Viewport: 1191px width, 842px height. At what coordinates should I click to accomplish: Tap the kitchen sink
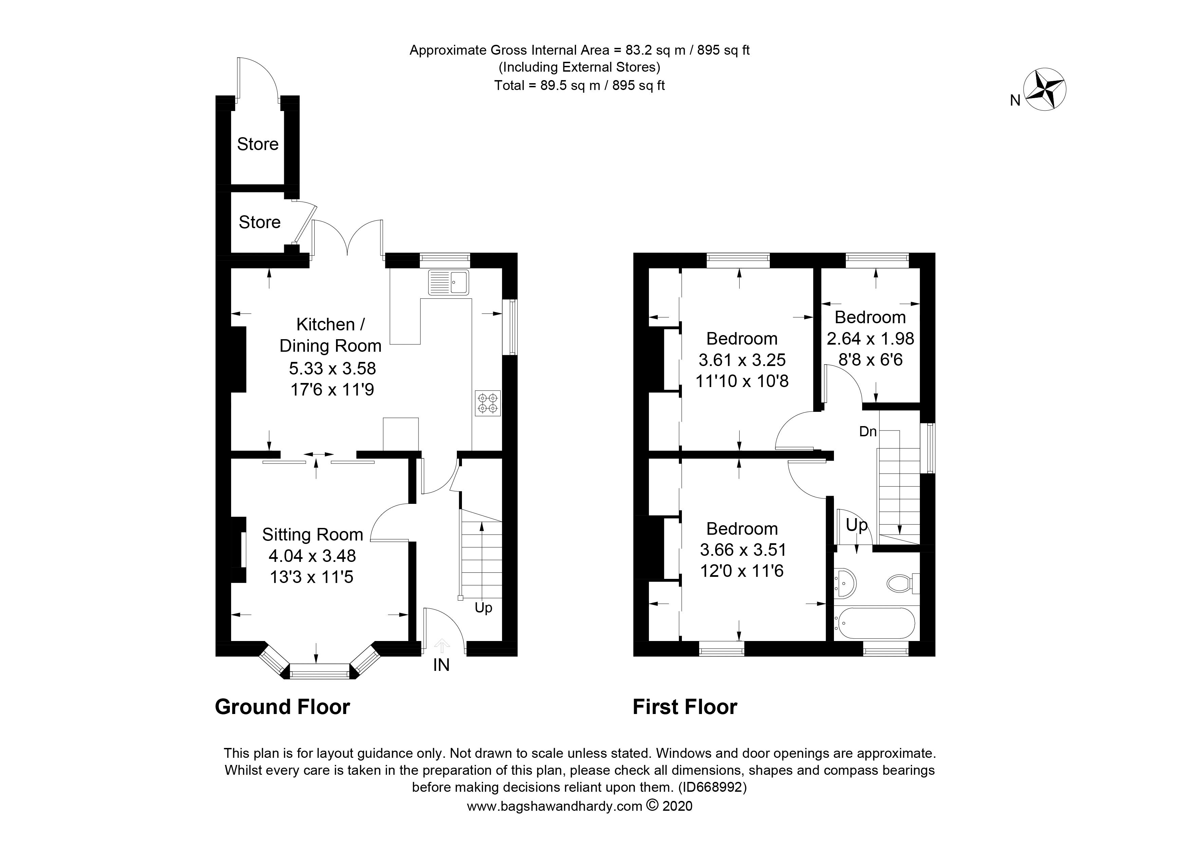pyautogui.click(x=448, y=283)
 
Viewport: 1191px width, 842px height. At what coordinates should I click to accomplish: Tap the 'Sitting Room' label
pyautogui.click(x=312, y=534)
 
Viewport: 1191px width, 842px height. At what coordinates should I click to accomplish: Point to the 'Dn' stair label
pyautogui.click(x=868, y=431)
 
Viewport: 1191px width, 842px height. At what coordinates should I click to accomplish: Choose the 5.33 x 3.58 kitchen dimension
pyautogui.click(x=332, y=368)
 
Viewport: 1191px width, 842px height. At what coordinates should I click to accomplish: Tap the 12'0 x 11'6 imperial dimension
pyautogui.click(x=742, y=571)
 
